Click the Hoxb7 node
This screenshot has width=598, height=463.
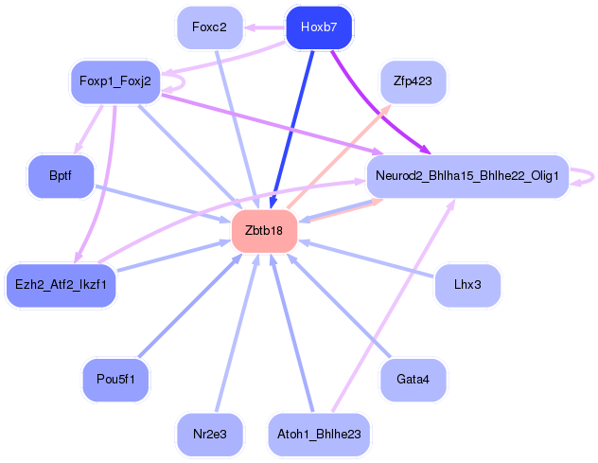click(319, 27)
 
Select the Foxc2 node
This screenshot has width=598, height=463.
click(210, 27)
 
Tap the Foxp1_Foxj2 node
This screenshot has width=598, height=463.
click(115, 81)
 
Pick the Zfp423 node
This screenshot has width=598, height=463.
click(413, 81)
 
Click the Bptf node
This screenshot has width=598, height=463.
click(61, 176)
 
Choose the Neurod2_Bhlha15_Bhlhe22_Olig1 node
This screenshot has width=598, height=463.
click(467, 176)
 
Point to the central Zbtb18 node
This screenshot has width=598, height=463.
click(264, 231)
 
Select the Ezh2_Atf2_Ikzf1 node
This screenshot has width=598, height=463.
click(61, 285)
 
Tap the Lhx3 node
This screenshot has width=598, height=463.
click(467, 285)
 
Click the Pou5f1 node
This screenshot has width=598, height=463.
click(115, 380)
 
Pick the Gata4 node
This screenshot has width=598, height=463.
click(413, 380)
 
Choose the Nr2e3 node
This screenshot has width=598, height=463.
click(210, 435)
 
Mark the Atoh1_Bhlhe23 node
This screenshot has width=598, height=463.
click(319, 435)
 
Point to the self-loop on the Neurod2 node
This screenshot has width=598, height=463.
click(593, 177)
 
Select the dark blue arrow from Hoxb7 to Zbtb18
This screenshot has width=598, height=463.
click(292, 129)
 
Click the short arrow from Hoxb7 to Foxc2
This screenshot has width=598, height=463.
click(265, 27)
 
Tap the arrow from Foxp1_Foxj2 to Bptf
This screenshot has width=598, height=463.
click(89, 129)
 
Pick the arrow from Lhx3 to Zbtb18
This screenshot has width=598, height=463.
click(366, 258)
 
